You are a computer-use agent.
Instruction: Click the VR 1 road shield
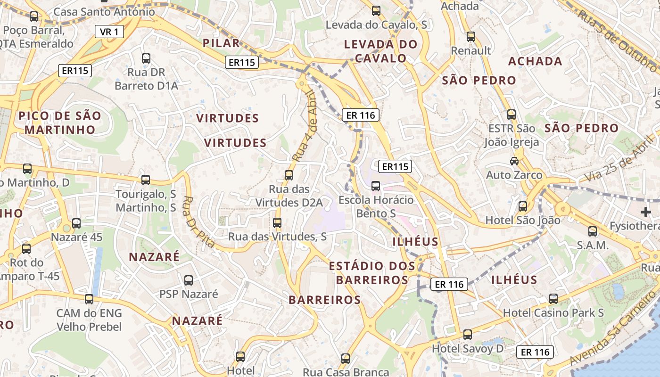(x=109, y=32)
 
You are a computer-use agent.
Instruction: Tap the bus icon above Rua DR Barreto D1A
(x=146, y=58)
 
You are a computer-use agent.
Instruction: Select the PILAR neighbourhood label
(x=221, y=43)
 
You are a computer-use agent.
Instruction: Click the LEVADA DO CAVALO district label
(x=381, y=51)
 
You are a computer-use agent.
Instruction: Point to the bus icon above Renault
(x=470, y=36)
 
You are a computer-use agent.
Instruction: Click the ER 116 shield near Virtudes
(x=361, y=115)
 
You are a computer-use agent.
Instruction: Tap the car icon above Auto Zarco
(x=514, y=161)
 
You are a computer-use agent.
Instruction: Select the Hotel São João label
(x=523, y=220)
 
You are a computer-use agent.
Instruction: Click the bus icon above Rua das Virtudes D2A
(x=289, y=175)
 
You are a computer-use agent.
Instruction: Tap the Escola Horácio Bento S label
(x=376, y=206)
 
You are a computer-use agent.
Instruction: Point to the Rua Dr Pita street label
(x=198, y=222)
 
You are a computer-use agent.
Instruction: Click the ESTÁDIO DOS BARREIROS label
(x=372, y=273)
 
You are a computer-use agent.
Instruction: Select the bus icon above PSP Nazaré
(x=189, y=280)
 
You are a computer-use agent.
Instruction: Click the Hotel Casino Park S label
(x=553, y=312)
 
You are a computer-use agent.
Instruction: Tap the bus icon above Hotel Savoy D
(x=467, y=334)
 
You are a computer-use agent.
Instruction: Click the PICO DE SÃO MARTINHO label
(x=60, y=123)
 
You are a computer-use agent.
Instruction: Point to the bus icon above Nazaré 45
(x=76, y=223)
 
